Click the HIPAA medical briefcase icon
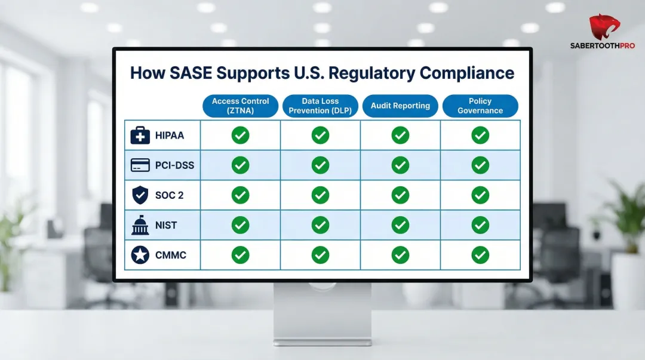point(140,136)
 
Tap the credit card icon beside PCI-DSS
point(140,165)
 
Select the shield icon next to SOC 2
point(140,195)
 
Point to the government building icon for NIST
point(140,225)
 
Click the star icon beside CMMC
point(140,255)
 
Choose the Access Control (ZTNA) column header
point(240,106)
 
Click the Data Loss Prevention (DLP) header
point(320,106)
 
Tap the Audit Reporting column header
point(400,106)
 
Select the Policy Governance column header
point(480,106)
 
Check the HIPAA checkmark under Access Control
point(240,136)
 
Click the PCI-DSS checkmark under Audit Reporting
point(400,165)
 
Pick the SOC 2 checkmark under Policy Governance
point(480,195)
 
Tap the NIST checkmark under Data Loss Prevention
point(320,225)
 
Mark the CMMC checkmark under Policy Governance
point(480,255)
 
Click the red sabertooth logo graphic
point(604,27)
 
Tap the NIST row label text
point(167,225)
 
